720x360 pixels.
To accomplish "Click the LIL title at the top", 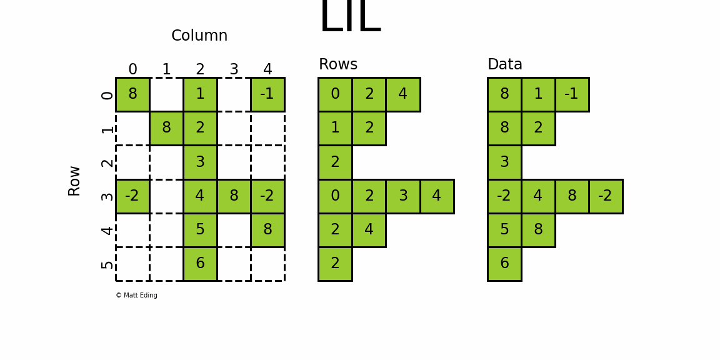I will [x=349, y=17].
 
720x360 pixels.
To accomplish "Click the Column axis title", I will [x=199, y=36].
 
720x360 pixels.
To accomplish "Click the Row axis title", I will [x=74, y=181].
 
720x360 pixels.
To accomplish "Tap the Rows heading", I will [x=338, y=65].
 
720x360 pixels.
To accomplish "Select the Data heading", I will [x=505, y=65].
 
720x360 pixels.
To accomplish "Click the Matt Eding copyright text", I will [x=136, y=296].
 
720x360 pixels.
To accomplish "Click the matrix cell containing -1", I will [x=267, y=94].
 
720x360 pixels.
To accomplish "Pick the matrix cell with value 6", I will [x=200, y=264].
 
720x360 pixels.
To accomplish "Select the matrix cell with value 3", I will [x=200, y=162].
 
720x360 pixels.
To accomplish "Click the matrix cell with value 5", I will [x=200, y=230].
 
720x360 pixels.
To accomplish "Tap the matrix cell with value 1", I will [x=200, y=94].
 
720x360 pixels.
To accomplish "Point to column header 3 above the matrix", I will [x=234, y=69].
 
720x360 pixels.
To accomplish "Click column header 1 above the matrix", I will [x=166, y=69].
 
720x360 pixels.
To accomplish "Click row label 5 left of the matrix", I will [x=107, y=264].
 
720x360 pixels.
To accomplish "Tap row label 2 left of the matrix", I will [x=107, y=162].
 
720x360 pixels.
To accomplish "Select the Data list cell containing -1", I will [x=572, y=94].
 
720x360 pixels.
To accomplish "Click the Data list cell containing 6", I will [x=504, y=264].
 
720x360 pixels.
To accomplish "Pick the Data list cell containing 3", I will [x=504, y=162].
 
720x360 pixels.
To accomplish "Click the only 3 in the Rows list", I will [x=403, y=196].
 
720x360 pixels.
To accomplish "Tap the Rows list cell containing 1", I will [x=335, y=128].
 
